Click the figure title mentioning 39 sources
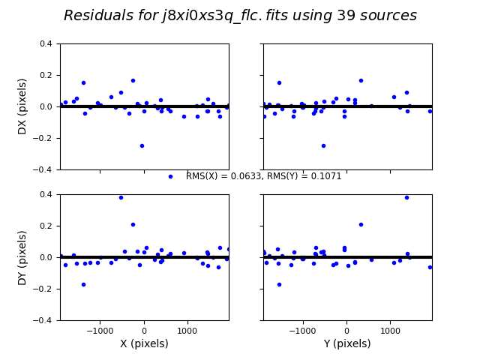[240, 16]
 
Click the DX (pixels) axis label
[22, 106]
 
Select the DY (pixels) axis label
[22, 257]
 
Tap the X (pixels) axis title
[144, 343]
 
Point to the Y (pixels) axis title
[347, 343]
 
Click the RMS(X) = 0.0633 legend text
[263, 176]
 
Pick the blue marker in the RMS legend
[170, 176]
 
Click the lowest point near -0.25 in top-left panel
[142, 145]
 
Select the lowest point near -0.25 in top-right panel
[323, 145]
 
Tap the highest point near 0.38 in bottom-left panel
[121, 197]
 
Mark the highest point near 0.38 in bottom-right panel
[406, 197]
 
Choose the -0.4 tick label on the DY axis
[44, 320]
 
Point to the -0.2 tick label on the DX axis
[44, 138]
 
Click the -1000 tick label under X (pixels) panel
[100, 328]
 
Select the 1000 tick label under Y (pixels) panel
[389, 328]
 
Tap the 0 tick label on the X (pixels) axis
[144, 328]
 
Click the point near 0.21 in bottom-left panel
[133, 224]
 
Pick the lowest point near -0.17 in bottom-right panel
[279, 284]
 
